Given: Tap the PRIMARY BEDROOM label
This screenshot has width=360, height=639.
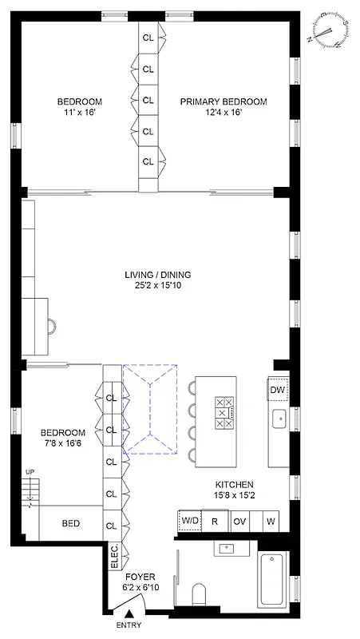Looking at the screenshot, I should [223, 101].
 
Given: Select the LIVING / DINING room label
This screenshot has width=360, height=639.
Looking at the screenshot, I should [157, 275].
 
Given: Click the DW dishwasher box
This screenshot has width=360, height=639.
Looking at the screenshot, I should [278, 389].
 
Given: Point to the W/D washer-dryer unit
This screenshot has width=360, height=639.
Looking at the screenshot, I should [190, 521].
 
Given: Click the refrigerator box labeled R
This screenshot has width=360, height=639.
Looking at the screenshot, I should [215, 521].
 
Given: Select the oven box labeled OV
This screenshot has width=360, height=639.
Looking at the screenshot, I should [240, 521].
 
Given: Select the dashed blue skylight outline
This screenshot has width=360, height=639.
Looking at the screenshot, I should [149, 410].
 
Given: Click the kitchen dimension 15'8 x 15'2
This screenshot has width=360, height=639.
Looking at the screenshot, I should [234, 496].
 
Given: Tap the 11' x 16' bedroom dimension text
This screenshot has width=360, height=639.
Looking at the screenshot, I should [79, 113].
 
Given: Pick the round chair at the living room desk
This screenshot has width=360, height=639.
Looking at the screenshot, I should [53, 325].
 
